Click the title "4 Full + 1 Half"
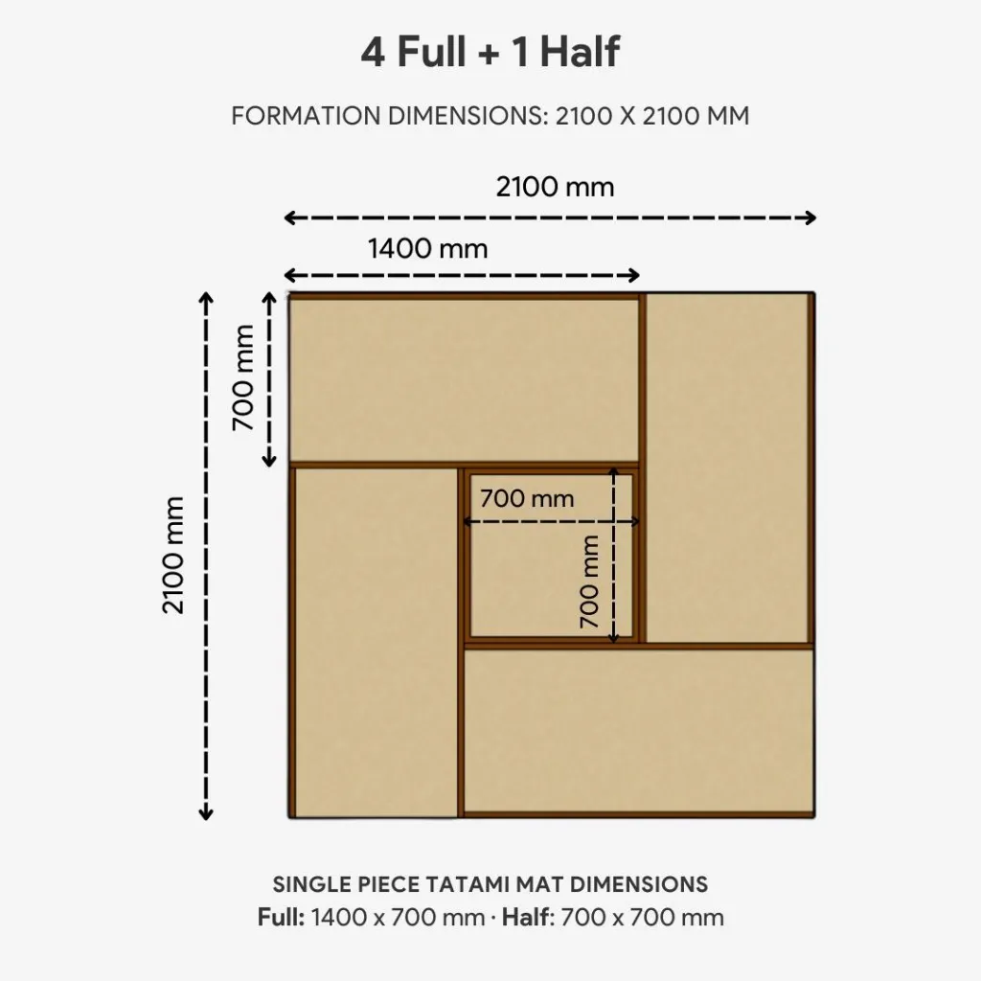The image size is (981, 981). pyautogui.click(x=490, y=53)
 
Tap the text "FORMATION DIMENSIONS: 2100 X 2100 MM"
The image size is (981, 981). pyautogui.click(x=490, y=116)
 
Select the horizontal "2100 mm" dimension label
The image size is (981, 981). pyautogui.click(x=555, y=187)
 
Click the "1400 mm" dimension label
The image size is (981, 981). pyautogui.click(x=427, y=249)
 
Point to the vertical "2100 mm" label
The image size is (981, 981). pyautogui.click(x=173, y=555)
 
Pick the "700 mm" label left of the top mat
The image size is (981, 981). pyautogui.click(x=243, y=377)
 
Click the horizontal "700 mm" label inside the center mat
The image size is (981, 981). pyautogui.click(x=527, y=499)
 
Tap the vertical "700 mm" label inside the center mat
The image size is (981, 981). pyautogui.click(x=590, y=581)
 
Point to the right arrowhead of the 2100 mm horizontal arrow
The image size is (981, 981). pyautogui.click(x=810, y=217)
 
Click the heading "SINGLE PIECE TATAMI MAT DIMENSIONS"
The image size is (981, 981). pyautogui.click(x=490, y=883)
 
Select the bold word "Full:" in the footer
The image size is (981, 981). pyautogui.click(x=281, y=917)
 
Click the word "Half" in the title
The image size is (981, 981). pyautogui.click(x=579, y=53)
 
